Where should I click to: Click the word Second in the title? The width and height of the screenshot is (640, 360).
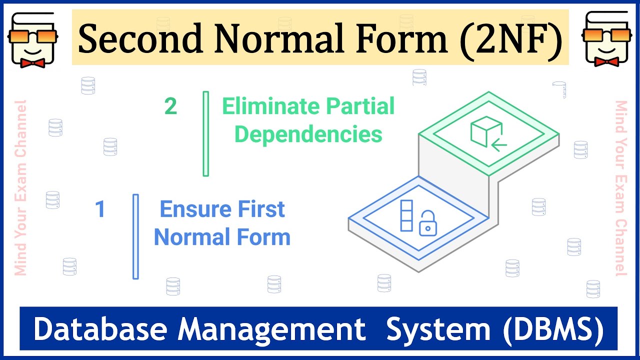point(137,39)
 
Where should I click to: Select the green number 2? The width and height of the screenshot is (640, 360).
point(170,106)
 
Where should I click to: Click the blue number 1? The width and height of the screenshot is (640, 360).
point(100,209)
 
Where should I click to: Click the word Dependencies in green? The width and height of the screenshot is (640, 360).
point(308,134)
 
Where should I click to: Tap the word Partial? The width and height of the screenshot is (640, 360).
point(360,107)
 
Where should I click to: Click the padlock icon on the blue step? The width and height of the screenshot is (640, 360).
point(426,223)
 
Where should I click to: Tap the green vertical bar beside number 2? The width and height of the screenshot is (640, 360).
point(205,133)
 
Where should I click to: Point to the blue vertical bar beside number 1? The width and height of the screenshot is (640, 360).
point(135,236)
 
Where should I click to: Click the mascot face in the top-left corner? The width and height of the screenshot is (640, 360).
point(32,38)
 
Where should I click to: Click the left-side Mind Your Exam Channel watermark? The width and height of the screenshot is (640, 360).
point(20,187)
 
